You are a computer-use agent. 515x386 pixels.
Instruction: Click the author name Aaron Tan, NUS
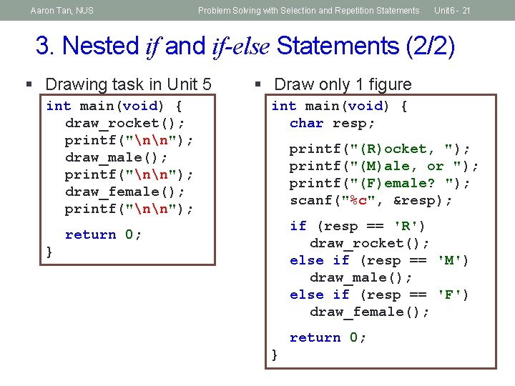click(62, 11)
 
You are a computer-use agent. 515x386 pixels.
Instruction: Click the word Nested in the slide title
click(101, 46)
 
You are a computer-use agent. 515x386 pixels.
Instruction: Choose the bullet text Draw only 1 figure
click(343, 84)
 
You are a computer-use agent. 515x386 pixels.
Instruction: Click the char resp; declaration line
click(332, 123)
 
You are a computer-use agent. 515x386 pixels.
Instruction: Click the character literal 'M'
click(453, 260)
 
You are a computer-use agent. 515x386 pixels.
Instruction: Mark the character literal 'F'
click(453, 295)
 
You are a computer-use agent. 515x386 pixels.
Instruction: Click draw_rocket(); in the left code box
click(124, 123)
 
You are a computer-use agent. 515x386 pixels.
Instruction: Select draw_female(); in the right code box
click(369, 312)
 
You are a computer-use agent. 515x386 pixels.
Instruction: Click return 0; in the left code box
click(103, 234)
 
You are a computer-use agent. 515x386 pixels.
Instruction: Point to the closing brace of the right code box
click(275, 355)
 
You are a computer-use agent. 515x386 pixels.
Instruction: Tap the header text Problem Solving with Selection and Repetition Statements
click(308, 11)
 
